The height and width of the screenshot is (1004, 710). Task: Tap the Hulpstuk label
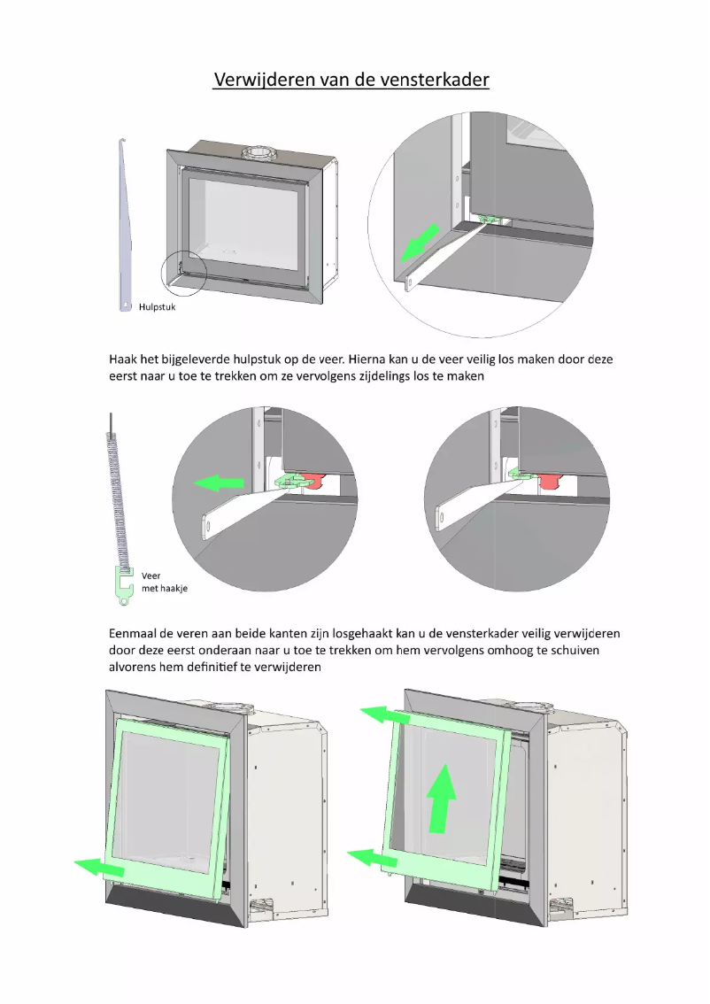coord(157,307)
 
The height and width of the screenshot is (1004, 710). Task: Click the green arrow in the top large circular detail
coord(419,243)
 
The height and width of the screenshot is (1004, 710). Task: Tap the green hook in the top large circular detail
coord(489,219)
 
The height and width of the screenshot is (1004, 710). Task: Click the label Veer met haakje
coord(164,582)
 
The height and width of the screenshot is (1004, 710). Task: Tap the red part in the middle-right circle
coord(551,480)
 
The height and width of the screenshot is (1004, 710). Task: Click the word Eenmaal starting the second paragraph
coord(136,634)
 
